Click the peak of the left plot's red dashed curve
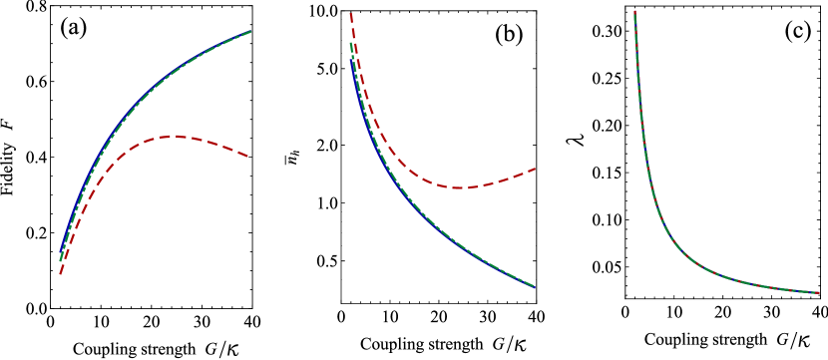(174, 136)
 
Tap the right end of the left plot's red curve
(247, 157)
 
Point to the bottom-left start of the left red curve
(60, 273)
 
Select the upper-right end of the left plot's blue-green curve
(250, 32)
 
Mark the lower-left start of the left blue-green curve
(60, 260)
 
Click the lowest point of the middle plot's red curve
(457, 187)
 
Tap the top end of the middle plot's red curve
(350, 14)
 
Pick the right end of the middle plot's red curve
(536, 169)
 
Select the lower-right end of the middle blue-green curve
(534, 287)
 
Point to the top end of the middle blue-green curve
(350, 43)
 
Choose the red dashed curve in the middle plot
(399, 160)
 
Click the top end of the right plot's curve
(634, 12)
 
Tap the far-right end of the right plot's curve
(819, 293)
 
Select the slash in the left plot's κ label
(223, 348)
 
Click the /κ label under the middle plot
(517, 345)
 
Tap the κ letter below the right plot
(802, 341)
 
